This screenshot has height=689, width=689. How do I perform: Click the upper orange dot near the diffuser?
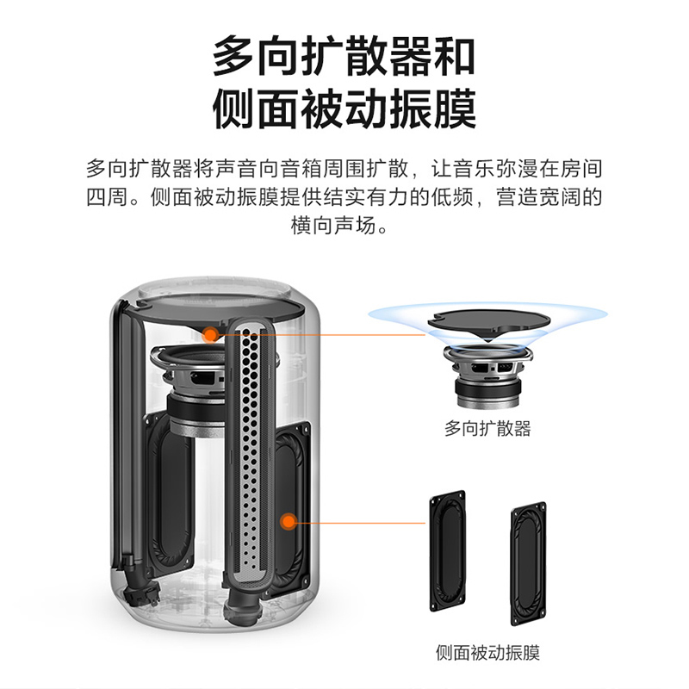(x=211, y=335)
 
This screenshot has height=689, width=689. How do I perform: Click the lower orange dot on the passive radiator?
(x=289, y=522)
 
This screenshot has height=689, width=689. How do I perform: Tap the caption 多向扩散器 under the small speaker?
(x=487, y=428)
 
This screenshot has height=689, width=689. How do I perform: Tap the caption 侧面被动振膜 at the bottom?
(x=487, y=653)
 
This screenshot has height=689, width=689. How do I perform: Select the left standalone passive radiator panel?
(x=447, y=550)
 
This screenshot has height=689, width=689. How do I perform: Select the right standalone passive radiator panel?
(x=529, y=564)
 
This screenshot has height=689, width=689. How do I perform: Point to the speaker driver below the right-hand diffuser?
(x=488, y=376)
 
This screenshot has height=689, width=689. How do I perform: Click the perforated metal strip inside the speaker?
(x=249, y=453)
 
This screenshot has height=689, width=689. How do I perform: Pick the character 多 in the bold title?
(x=233, y=57)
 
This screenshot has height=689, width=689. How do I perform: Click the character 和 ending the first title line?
(x=455, y=57)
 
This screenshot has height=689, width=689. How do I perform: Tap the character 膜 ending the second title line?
(x=455, y=109)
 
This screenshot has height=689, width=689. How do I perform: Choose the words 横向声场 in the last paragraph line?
(x=333, y=225)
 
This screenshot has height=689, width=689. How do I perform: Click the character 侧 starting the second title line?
(x=233, y=109)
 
